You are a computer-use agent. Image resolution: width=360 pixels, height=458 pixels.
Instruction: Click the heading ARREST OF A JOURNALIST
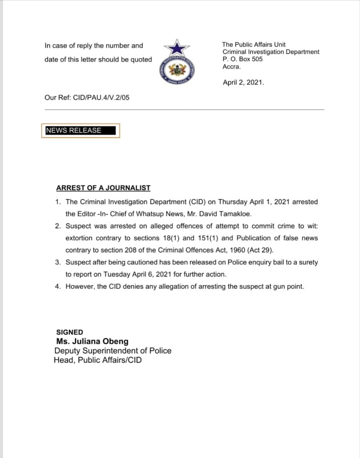click(103, 188)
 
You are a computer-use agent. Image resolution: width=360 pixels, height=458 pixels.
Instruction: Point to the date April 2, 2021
click(243, 83)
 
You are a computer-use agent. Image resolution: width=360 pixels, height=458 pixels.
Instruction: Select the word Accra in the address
click(231, 67)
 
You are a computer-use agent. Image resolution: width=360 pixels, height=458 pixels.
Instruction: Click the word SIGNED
click(70, 332)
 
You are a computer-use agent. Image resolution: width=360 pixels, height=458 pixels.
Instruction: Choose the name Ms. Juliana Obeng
click(92, 341)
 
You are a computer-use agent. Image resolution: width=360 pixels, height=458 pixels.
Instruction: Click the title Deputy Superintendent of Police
click(113, 351)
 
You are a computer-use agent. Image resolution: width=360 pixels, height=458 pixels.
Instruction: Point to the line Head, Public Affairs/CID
click(98, 360)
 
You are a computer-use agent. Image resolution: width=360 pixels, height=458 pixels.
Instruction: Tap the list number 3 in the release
click(57, 263)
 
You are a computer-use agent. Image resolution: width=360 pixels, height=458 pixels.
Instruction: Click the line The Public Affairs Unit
click(254, 45)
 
